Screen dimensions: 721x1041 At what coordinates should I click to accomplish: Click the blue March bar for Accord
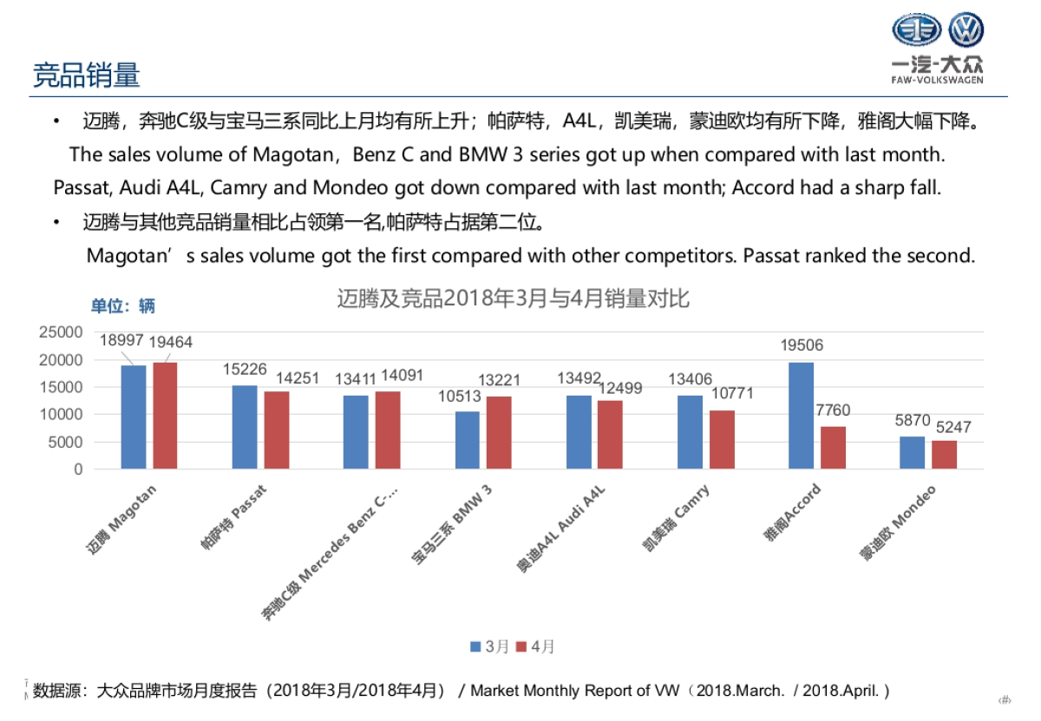[x=801, y=416]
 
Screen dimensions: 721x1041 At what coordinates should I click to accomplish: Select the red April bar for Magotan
[x=165, y=416]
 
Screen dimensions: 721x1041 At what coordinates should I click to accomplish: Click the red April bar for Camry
[x=722, y=439]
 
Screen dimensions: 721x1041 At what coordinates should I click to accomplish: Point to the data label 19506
[x=802, y=345]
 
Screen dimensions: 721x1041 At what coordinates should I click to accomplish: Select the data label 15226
[x=244, y=369]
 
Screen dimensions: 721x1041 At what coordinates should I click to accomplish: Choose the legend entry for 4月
[x=535, y=646]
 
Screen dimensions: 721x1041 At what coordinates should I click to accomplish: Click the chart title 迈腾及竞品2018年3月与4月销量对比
[x=513, y=299]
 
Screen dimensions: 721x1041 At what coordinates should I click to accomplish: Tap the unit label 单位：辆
[x=123, y=305]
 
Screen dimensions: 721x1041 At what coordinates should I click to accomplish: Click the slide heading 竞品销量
[x=86, y=75]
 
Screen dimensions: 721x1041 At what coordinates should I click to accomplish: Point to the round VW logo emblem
[x=966, y=30]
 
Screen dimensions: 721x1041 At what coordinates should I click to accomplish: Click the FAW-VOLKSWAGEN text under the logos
[x=937, y=80]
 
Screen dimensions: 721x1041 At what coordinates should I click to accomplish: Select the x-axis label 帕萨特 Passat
[x=233, y=518]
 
